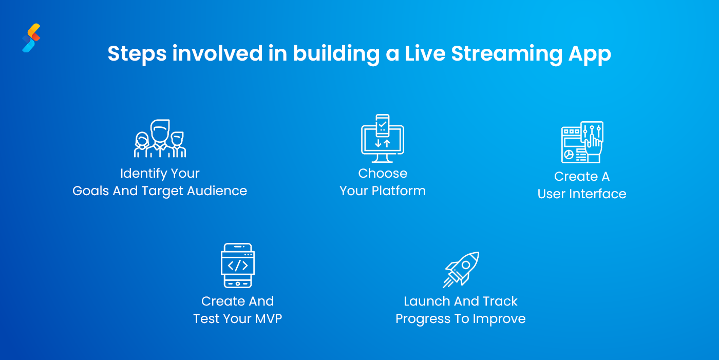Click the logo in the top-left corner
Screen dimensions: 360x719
[31, 38]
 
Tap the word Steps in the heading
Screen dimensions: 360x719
[137, 54]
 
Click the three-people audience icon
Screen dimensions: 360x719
[160, 139]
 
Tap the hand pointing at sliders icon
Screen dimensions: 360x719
[582, 142]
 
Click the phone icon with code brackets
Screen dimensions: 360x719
[238, 266]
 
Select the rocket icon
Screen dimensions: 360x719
[461, 269]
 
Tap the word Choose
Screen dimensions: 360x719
[383, 174]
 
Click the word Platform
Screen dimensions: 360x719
[399, 191]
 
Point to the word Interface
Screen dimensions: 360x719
[598, 194]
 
